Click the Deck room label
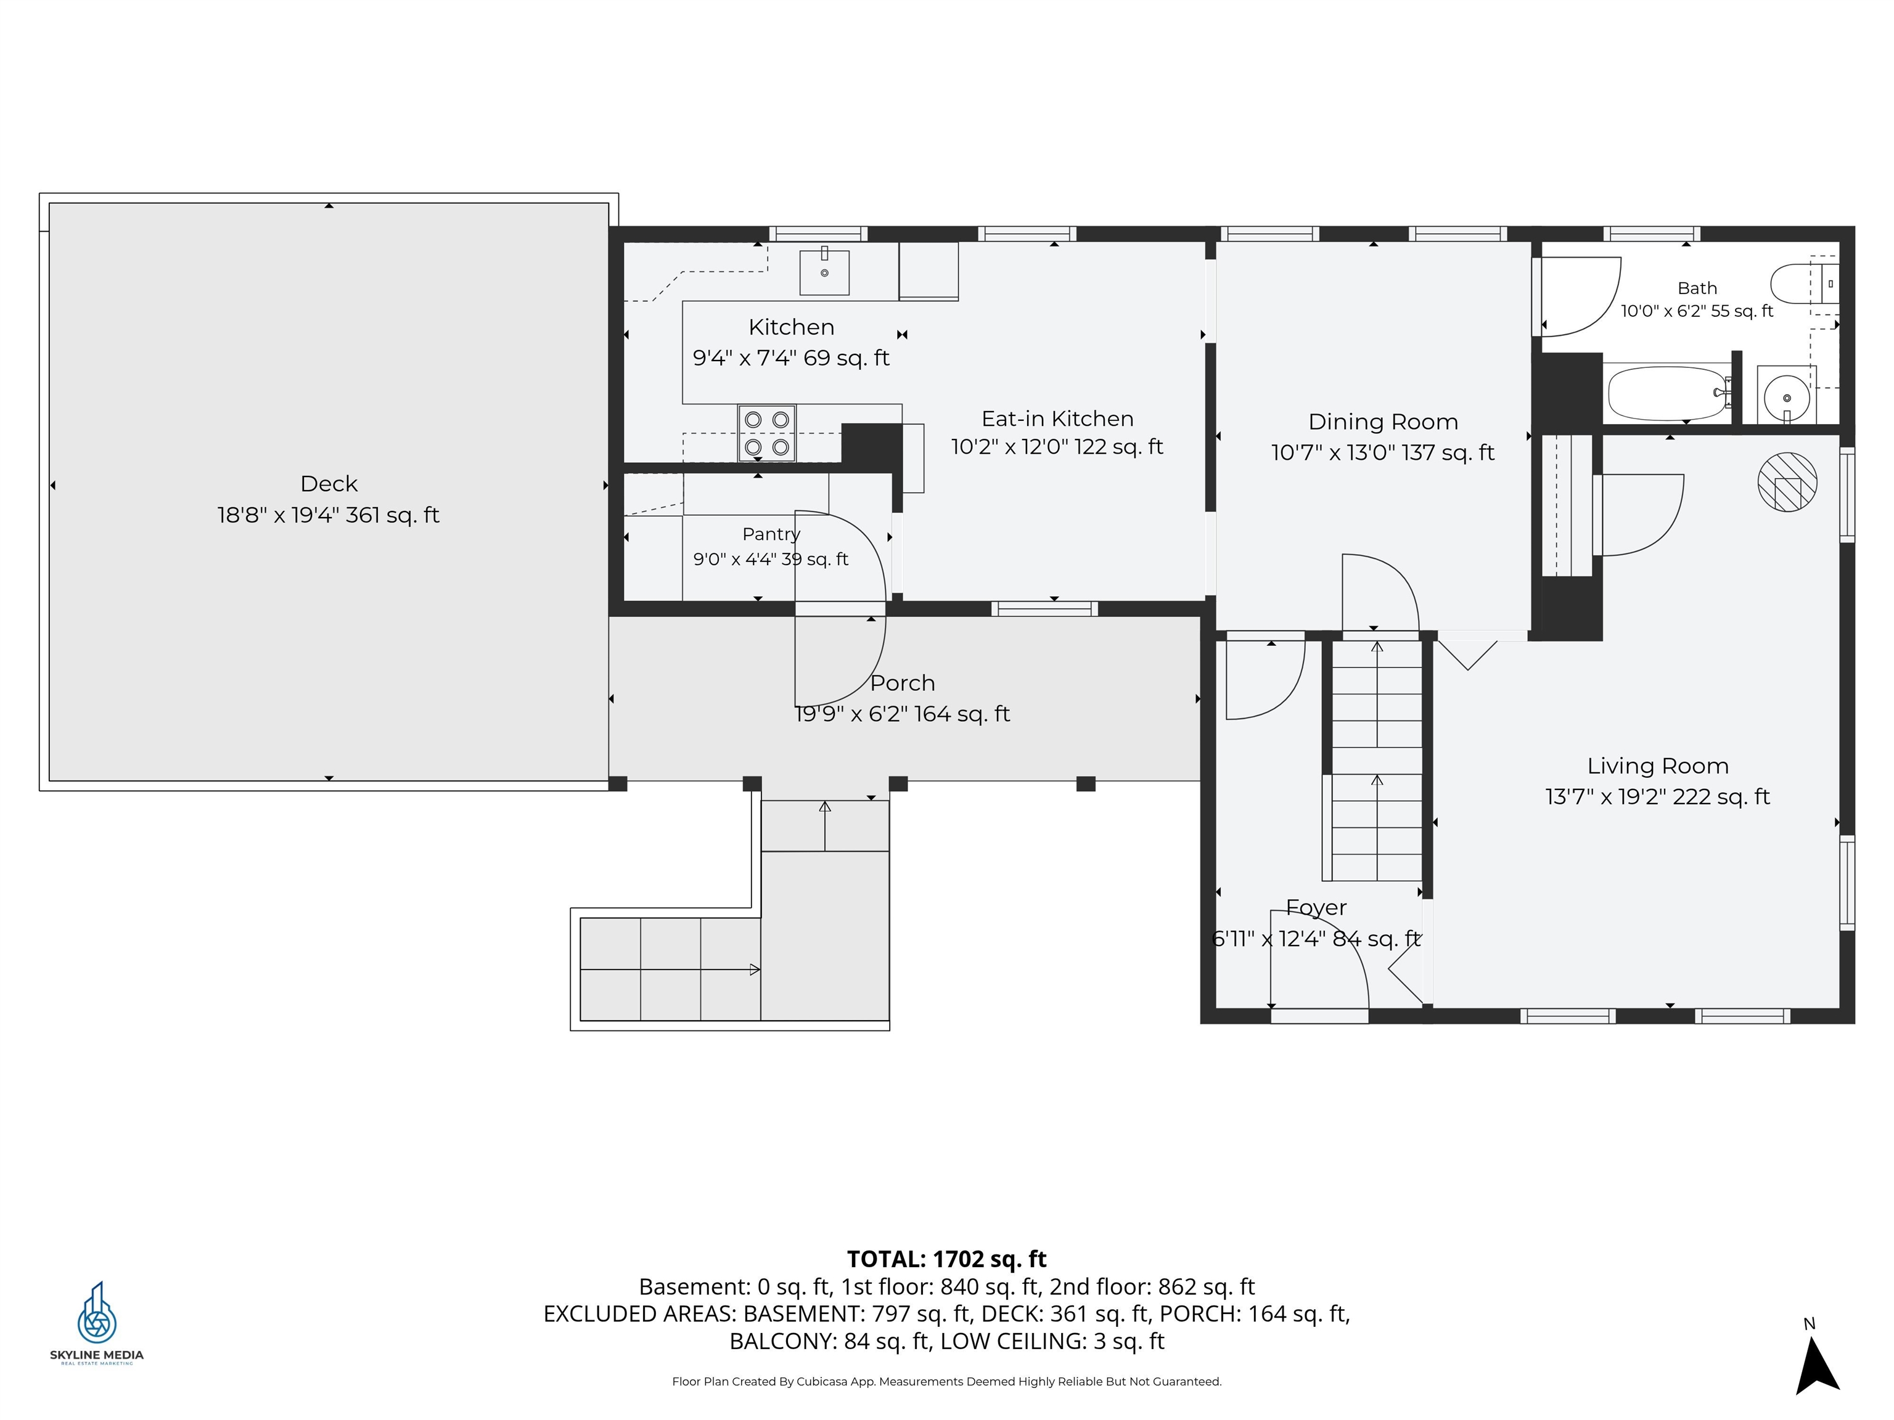point(329,484)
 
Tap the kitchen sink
point(824,271)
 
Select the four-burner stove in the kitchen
point(766,433)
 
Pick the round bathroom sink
point(1786,396)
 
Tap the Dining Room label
point(1383,422)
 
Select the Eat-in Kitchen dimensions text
point(1057,447)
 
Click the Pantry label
point(771,534)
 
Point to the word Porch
point(903,683)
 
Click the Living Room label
point(1658,766)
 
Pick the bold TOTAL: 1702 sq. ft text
point(946,1259)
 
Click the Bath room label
point(1697,288)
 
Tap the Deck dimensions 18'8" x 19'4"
point(277,515)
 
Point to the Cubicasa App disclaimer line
point(946,1382)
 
